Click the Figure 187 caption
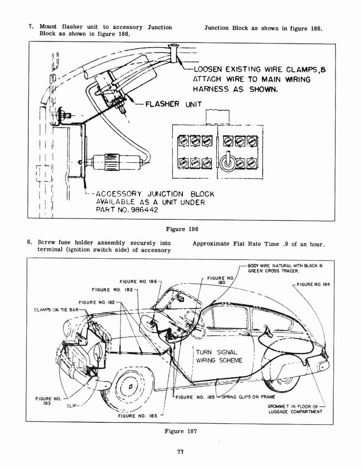pyautogui.click(x=180, y=431)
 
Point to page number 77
pyautogui.click(x=180, y=452)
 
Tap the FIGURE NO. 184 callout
pyautogui.click(x=313, y=284)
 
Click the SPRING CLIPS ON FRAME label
pyautogui.click(x=248, y=397)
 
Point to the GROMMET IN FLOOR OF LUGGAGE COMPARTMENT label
pyautogui.click(x=295, y=409)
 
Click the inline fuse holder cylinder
pyautogui.click(x=112, y=162)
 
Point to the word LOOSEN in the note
pyautogui.click(x=209, y=69)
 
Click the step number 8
pyautogui.click(x=29, y=243)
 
